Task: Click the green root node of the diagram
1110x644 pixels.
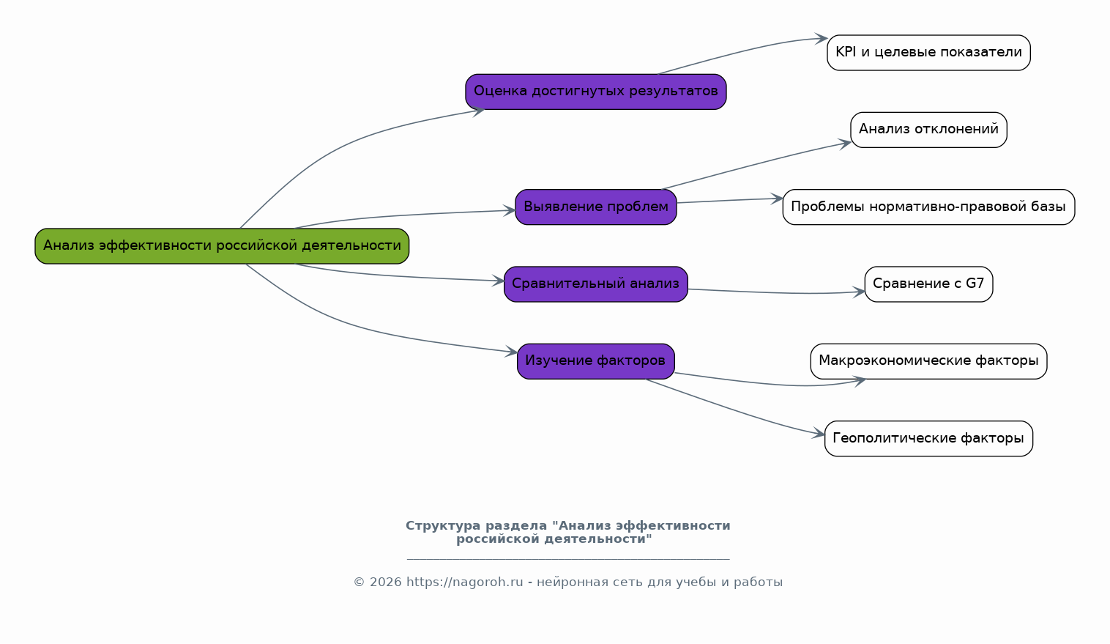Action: click(222, 246)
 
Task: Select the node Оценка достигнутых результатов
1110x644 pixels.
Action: click(595, 92)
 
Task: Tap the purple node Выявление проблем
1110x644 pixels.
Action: click(595, 207)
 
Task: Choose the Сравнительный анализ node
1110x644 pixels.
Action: click(595, 284)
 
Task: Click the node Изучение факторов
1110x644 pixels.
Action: click(595, 361)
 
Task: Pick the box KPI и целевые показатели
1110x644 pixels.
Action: click(928, 53)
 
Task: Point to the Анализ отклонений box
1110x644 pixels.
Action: click(928, 130)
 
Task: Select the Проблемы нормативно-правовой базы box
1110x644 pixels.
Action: click(928, 207)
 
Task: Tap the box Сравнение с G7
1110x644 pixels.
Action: click(928, 284)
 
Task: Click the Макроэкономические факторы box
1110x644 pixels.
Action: click(928, 361)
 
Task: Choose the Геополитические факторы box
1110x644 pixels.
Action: click(928, 438)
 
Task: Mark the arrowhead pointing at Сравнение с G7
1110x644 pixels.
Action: click(859, 292)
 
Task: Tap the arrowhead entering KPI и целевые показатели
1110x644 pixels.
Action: click(822, 38)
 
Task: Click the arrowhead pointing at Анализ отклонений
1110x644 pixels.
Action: click(845, 144)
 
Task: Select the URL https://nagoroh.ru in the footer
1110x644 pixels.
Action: click(464, 582)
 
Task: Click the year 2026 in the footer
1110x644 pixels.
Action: click(386, 582)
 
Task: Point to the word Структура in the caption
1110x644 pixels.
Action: click(443, 525)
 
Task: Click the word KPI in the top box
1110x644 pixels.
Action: click(846, 51)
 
